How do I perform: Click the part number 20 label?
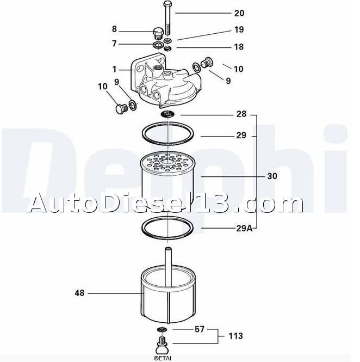(x=239, y=13)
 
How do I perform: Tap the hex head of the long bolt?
(x=167, y=4)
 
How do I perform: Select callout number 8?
(x=114, y=29)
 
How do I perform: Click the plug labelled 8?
(x=158, y=34)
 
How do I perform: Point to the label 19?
(x=239, y=29)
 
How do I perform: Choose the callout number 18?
(x=239, y=47)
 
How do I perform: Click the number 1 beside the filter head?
(x=114, y=69)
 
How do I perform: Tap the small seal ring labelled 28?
(x=167, y=114)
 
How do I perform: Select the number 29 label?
(x=241, y=136)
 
